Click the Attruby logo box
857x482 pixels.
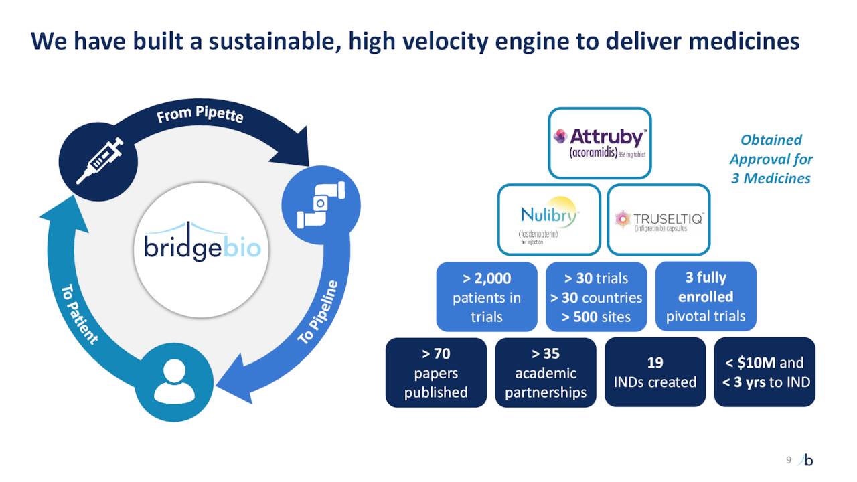pos(599,143)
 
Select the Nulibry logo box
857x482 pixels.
pos(548,220)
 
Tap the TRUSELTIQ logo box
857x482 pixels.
pos(658,220)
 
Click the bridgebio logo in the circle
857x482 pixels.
pos(202,243)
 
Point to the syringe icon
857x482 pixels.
pos(98,161)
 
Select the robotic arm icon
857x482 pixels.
pos(321,204)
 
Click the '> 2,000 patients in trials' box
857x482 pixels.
pos(487,297)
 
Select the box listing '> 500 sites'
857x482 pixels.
pos(596,297)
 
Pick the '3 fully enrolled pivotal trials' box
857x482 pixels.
pos(705,297)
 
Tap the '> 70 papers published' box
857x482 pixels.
pos(436,372)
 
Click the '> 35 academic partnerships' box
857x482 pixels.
pos(545,372)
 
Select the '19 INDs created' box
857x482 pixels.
pos(655,372)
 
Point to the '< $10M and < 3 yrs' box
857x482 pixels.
pos(765,372)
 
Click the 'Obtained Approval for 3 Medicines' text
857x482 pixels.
pos(771,159)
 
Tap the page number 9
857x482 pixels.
pos(788,459)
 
